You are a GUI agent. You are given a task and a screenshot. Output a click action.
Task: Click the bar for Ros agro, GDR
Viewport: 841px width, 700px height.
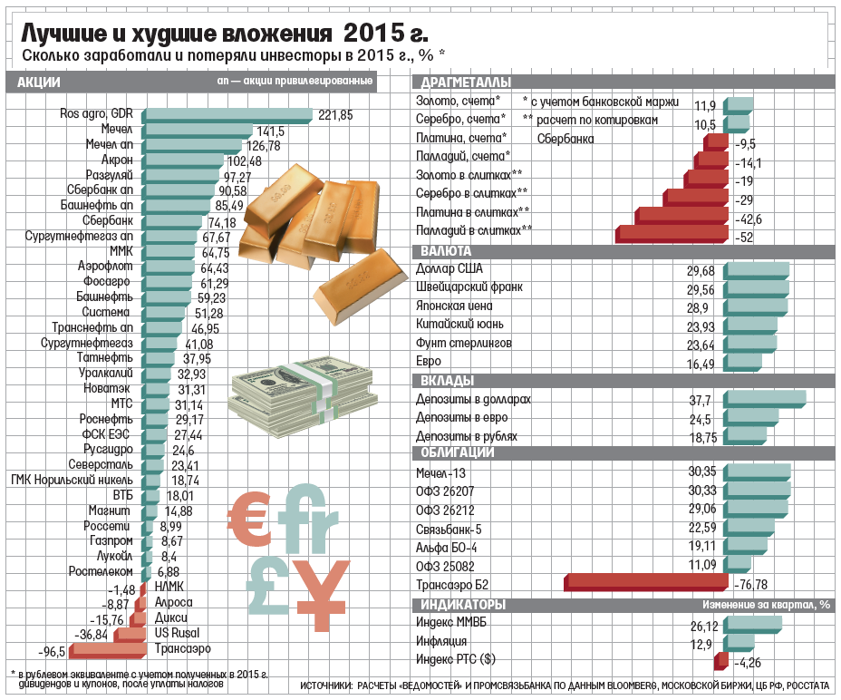click(x=227, y=114)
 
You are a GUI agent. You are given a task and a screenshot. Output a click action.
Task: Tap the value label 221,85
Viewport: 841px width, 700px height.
click(x=335, y=115)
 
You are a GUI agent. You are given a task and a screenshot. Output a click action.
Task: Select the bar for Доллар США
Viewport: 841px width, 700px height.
click(x=757, y=270)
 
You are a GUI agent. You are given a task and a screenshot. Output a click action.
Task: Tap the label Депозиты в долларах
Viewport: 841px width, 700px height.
click(x=472, y=399)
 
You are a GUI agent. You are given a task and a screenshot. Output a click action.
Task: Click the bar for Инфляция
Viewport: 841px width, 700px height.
click(x=738, y=643)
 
